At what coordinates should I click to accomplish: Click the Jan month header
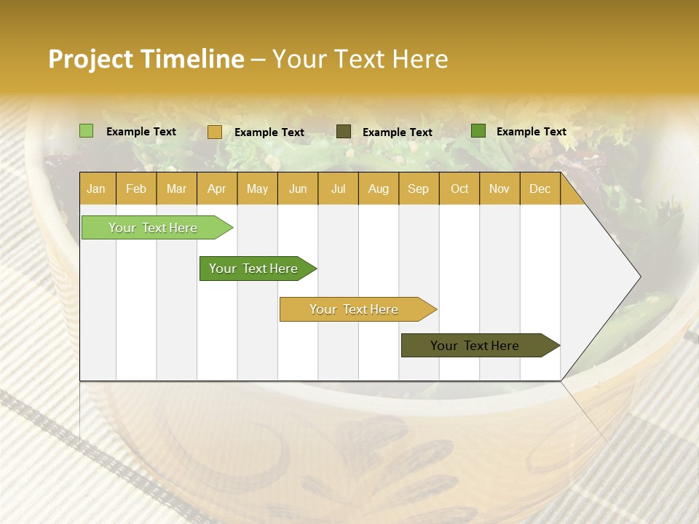tap(97, 188)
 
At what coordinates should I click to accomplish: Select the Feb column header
tap(136, 188)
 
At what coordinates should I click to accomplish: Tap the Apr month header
tap(217, 188)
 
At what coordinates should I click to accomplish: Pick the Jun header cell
tap(298, 188)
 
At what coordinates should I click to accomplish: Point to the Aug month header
tap(379, 188)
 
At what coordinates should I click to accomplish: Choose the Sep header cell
tap(419, 188)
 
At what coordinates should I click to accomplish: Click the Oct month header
tap(459, 188)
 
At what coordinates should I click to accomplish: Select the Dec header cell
tap(540, 188)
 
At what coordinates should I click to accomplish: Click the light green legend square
tap(87, 131)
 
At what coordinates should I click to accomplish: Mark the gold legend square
tap(215, 132)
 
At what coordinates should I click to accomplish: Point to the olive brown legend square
tap(344, 132)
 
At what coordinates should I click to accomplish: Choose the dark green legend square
tap(478, 131)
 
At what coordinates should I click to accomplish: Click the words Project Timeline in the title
tap(146, 59)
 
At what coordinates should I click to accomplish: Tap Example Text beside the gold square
tap(269, 132)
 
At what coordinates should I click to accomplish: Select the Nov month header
tap(499, 188)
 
